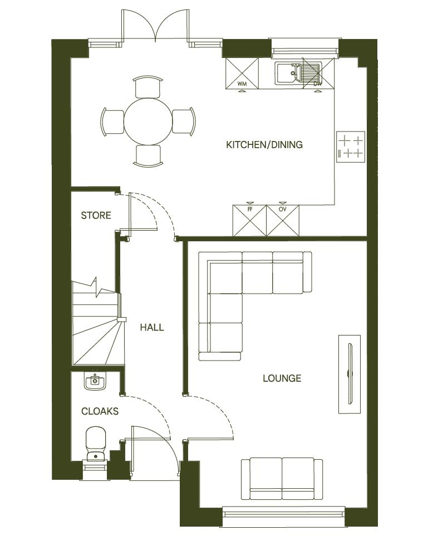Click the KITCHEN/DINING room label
point(264,145)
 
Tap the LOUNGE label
point(282,378)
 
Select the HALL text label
point(151,327)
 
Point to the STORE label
point(96,215)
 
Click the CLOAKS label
point(100,411)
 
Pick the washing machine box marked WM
point(242,74)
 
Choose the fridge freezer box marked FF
point(249,220)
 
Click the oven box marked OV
point(283,220)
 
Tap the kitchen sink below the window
point(298,74)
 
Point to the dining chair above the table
point(149,87)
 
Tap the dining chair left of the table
point(112,121)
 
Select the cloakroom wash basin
point(95,382)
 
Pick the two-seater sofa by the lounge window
point(282,478)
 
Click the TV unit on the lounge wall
point(350,374)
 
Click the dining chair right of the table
point(184,121)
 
